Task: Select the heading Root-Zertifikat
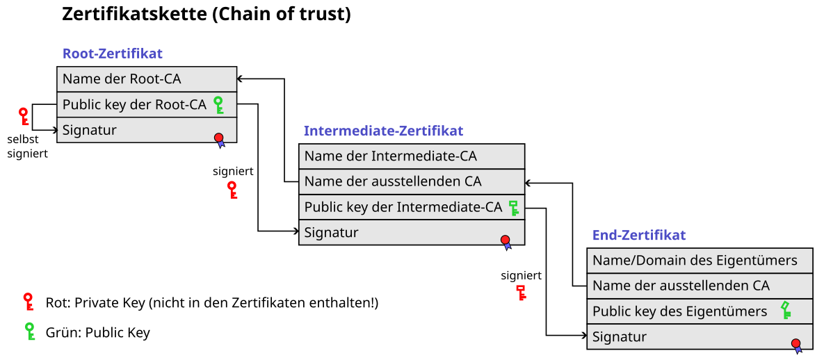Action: coord(113,54)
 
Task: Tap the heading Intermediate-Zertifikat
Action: coord(383,131)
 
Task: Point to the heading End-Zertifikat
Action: coord(639,235)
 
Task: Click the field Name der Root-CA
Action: coord(122,79)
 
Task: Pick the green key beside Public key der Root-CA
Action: coord(218,105)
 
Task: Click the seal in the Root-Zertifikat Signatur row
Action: coord(220,139)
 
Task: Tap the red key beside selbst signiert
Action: coord(24,116)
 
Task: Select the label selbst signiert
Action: coord(27,147)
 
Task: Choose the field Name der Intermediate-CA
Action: coord(391,156)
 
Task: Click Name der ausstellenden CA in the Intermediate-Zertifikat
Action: coord(393,182)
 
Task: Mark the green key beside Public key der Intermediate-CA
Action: coord(514,207)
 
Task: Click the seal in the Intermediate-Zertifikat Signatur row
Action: coord(506,242)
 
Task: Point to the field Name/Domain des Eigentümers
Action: coord(695,261)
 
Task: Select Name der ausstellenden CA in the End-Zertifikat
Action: coord(681,286)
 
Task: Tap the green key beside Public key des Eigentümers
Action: coord(786,310)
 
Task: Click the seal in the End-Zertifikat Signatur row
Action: coord(796,345)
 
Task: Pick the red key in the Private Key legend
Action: coord(29,302)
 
